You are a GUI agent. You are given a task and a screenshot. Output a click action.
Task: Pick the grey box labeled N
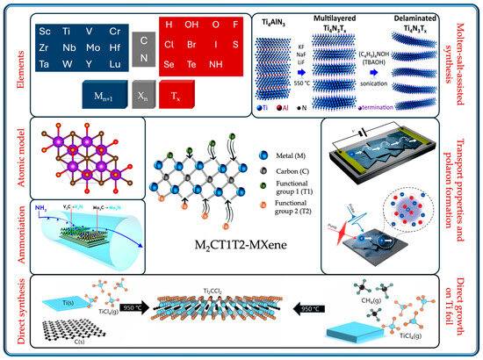point(142,58)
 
